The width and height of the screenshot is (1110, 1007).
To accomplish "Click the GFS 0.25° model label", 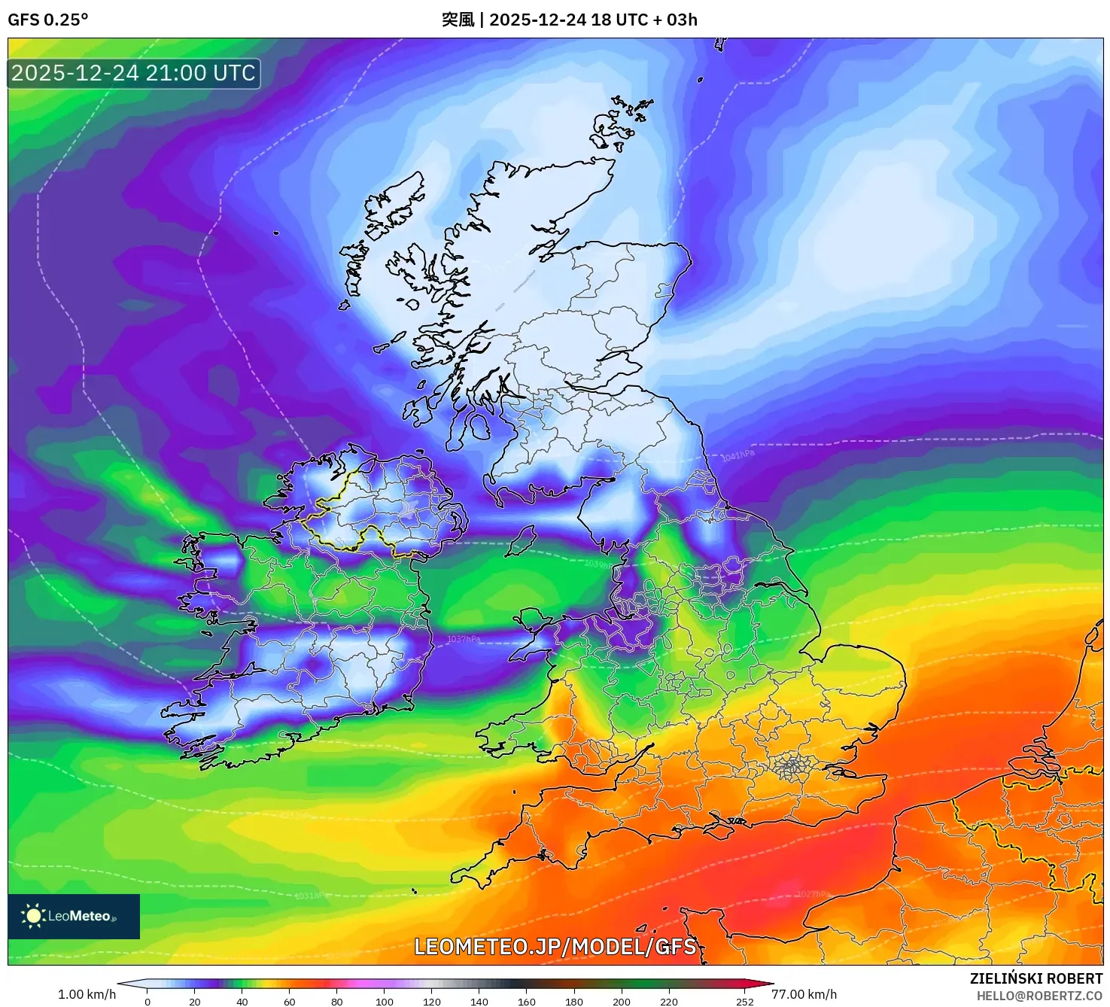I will [x=48, y=20].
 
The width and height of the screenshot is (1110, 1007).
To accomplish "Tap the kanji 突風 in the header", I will [x=458, y=20].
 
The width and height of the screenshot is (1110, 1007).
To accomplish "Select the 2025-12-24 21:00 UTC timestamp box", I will [x=134, y=73].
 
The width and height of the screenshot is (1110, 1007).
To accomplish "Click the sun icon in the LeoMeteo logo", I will [x=33, y=915].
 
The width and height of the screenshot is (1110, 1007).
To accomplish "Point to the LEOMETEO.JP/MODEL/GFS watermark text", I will [x=555, y=946].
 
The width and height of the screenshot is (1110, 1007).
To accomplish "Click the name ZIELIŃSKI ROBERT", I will [x=1036, y=978].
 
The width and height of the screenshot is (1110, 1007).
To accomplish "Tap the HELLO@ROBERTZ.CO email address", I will [x=1039, y=996].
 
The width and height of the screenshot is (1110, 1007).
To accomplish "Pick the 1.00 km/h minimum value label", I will [x=87, y=994].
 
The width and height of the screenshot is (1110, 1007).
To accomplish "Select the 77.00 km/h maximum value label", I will [x=804, y=994].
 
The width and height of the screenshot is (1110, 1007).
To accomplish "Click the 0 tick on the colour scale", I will [x=147, y=1001].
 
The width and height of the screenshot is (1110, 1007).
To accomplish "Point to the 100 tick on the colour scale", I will [x=385, y=1001].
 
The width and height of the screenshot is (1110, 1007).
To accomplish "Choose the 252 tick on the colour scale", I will [x=744, y=1001].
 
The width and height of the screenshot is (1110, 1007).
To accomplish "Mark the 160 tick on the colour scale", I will [x=527, y=1001].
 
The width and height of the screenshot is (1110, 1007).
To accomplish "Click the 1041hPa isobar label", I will [x=737, y=455].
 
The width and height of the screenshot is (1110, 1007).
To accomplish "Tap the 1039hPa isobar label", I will [x=599, y=564].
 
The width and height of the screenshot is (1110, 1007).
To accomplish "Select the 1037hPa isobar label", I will [x=464, y=639].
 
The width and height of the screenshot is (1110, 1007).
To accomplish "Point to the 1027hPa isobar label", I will [x=813, y=894].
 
